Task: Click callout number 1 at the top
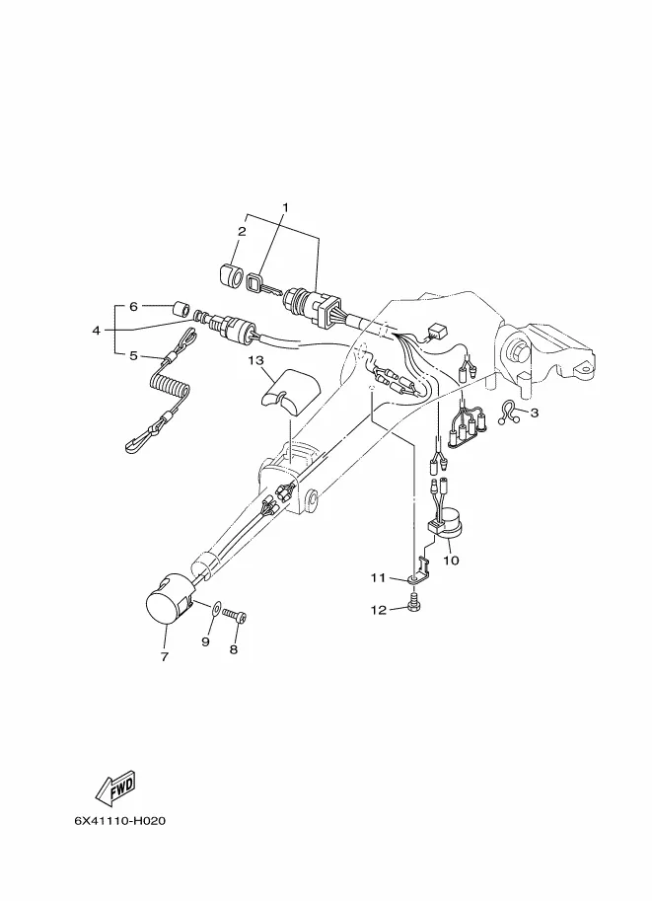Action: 286,207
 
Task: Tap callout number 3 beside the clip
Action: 535,413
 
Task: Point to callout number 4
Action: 97,331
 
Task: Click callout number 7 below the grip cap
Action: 164,655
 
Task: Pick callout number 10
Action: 452,561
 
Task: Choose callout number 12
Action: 377,610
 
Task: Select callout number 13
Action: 255,361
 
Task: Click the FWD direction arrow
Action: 115,787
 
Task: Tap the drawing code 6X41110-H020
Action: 117,820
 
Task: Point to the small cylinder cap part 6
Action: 180,309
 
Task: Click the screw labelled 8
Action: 235,617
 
